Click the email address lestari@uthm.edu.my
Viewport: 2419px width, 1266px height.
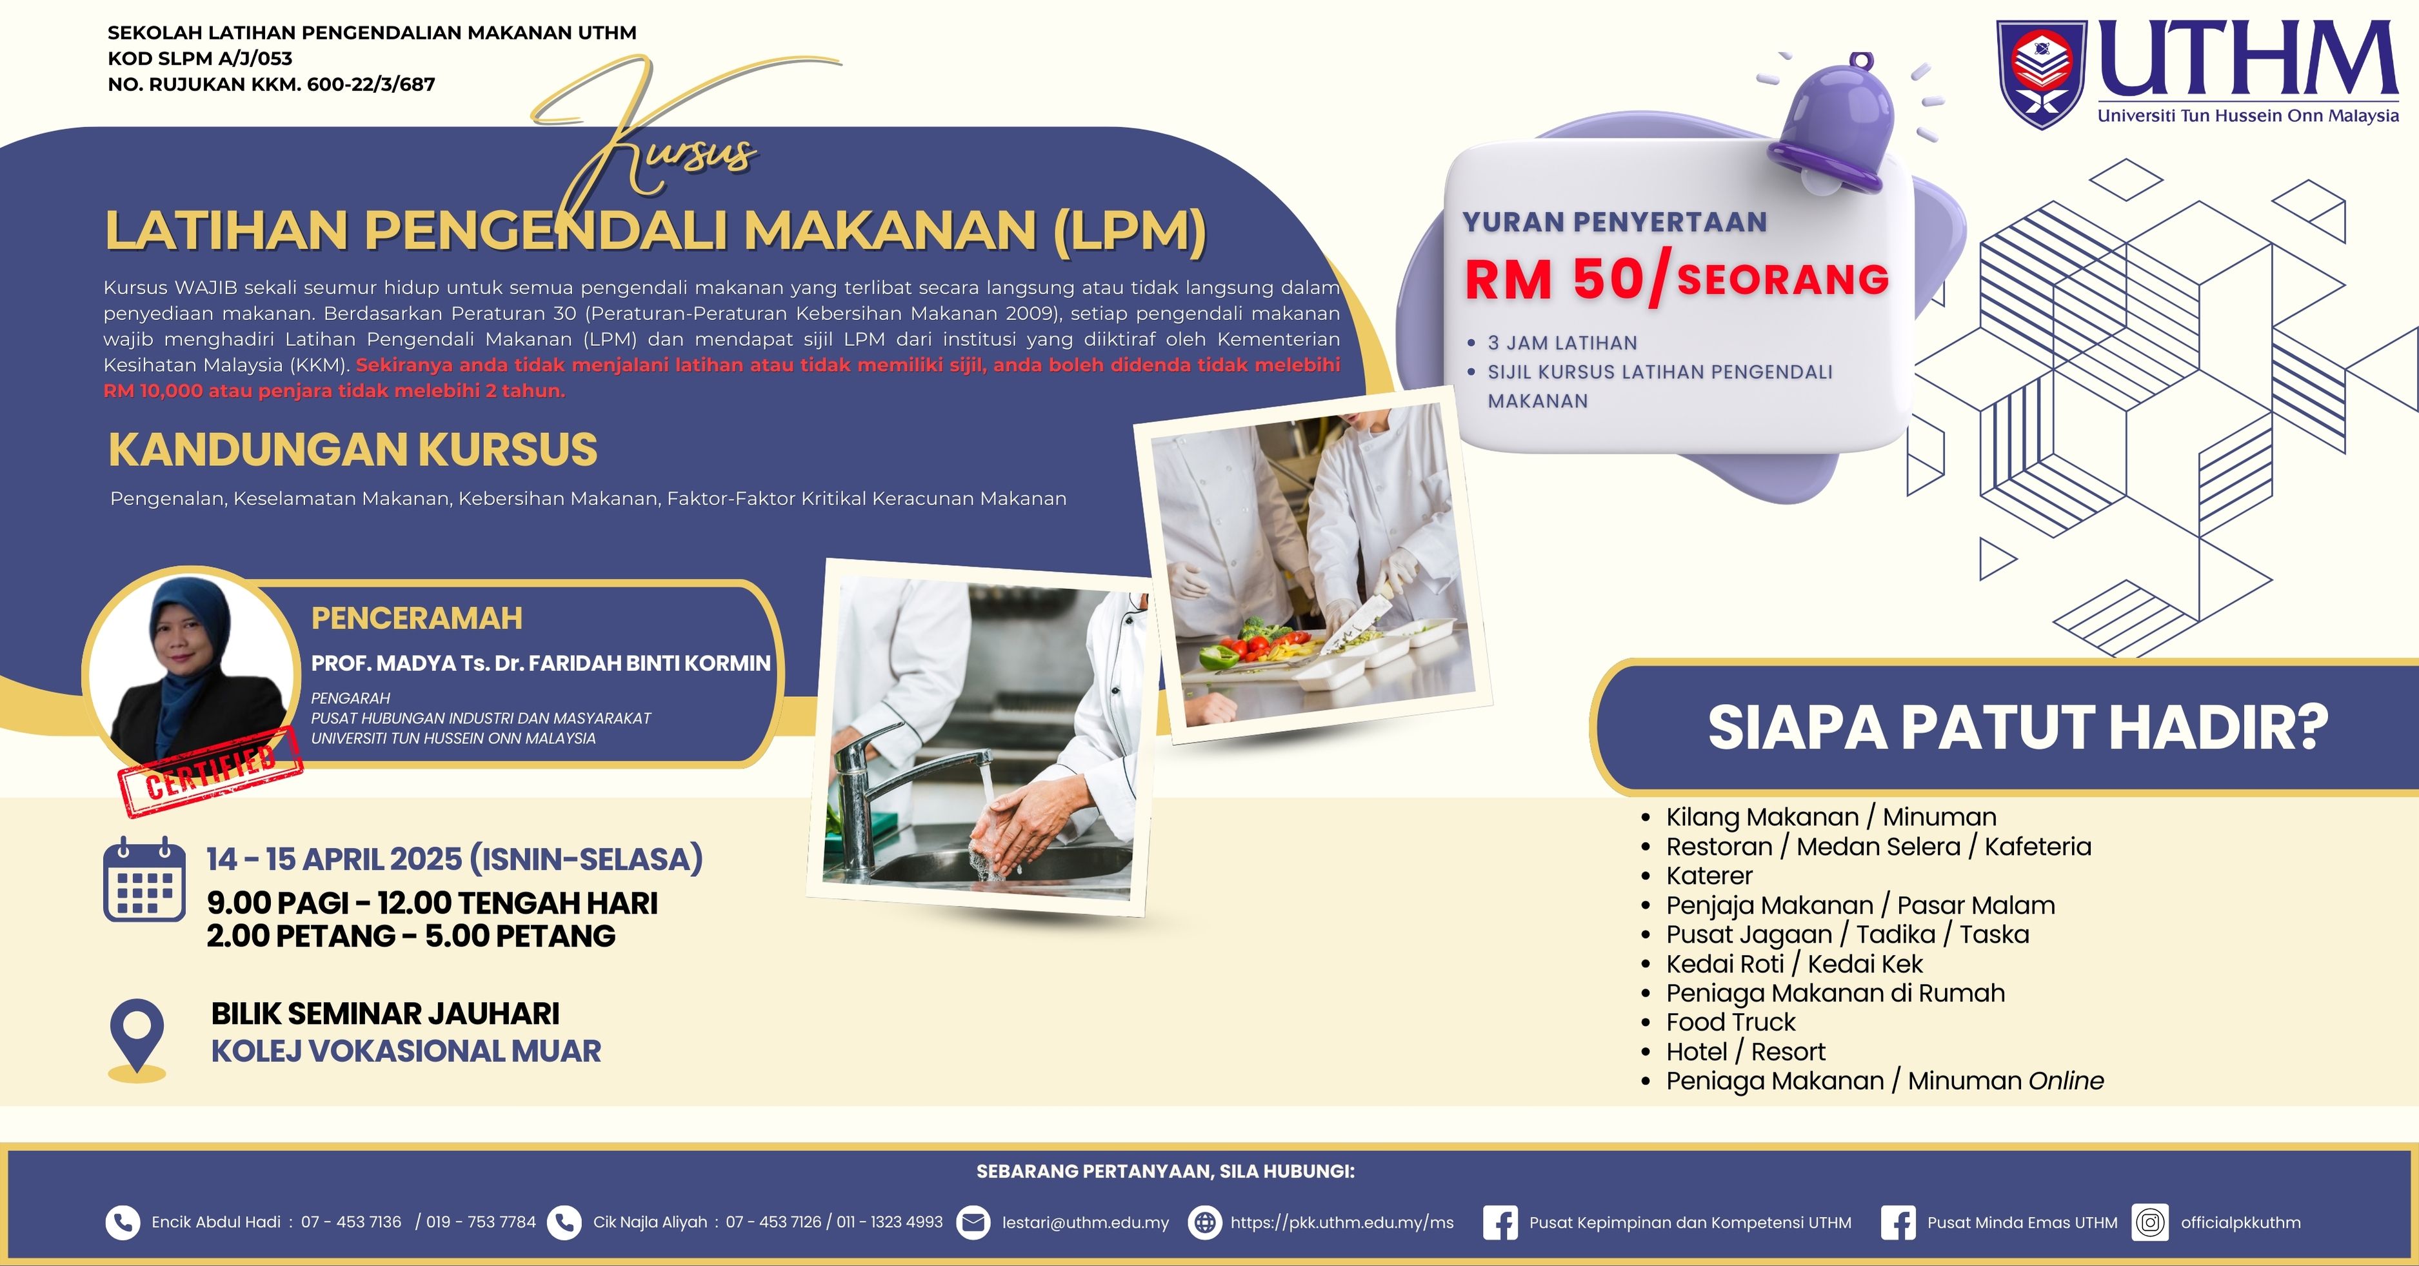(1086, 1222)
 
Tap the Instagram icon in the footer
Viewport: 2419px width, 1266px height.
(2149, 1222)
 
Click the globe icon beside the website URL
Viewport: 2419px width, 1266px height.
(1206, 1222)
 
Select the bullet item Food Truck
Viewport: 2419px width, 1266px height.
(1731, 1022)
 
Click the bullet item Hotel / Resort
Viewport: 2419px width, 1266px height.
(1746, 1051)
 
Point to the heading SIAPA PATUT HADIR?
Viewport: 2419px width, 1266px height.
(2018, 727)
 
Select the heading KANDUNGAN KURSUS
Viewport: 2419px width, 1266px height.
(353, 449)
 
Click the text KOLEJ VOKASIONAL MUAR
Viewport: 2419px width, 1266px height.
(406, 1051)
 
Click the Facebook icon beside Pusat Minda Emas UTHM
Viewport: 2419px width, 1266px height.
(1898, 1222)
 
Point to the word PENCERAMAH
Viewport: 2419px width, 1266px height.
(417, 618)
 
